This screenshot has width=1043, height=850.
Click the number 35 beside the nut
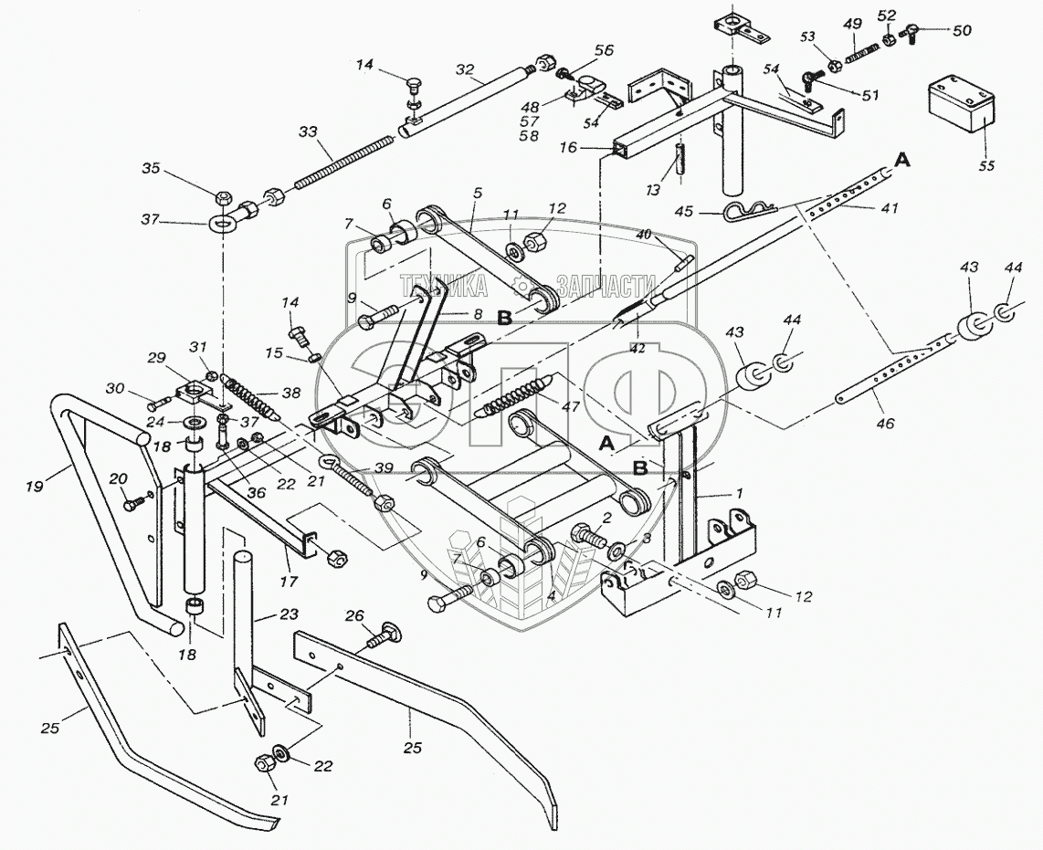pos(151,168)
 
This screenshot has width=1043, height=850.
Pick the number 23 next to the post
pos(263,615)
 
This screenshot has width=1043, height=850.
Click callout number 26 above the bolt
pos(353,615)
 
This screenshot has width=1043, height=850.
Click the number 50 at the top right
pos(963,30)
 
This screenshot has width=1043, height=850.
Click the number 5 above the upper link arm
pos(476,193)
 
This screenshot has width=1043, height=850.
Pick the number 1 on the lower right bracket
pos(741,493)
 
